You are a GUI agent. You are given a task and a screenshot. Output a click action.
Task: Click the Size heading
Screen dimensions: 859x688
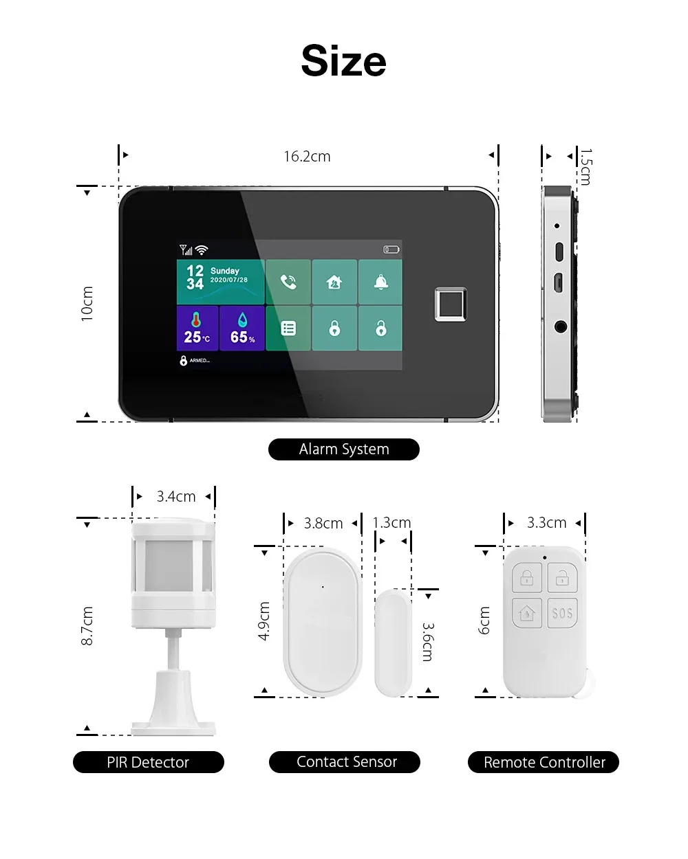(x=343, y=60)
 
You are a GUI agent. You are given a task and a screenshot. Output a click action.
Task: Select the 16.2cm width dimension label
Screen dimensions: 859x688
(x=307, y=157)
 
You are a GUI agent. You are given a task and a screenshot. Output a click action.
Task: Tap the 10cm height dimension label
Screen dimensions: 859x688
(x=87, y=304)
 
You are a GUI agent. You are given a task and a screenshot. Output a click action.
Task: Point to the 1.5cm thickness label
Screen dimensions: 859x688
(x=585, y=167)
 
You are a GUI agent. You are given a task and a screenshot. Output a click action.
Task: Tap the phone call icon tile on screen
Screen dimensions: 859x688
(x=288, y=282)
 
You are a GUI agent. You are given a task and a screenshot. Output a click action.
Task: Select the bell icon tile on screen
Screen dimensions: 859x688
(x=380, y=282)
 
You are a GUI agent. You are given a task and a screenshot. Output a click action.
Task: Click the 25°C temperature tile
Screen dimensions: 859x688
(x=197, y=328)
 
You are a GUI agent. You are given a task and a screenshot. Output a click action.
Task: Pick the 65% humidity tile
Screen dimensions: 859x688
(x=242, y=328)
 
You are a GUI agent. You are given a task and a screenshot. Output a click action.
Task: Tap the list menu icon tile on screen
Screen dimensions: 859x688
(x=288, y=328)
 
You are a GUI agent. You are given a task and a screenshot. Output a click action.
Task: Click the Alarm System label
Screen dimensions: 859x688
(x=343, y=449)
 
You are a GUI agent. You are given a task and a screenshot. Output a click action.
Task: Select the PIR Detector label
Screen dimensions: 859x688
(x=148, y=762)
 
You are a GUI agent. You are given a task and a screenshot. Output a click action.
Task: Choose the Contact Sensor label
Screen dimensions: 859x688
(x=346, y=761)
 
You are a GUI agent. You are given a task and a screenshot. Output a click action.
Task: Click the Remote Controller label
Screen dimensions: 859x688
(x=544, y=762)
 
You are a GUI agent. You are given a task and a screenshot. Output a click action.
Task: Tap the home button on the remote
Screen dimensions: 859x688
(x=527, y=612)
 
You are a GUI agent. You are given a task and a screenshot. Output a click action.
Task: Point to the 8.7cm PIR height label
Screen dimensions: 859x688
(x=87, y=625)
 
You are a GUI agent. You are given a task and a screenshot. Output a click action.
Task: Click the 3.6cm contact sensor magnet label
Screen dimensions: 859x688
(x=427, y=642)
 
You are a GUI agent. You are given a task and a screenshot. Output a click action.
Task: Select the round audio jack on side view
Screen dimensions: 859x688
(x=560, y=326)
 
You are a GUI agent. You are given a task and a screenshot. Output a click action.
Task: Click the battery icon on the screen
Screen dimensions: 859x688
(x=391, y=249)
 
